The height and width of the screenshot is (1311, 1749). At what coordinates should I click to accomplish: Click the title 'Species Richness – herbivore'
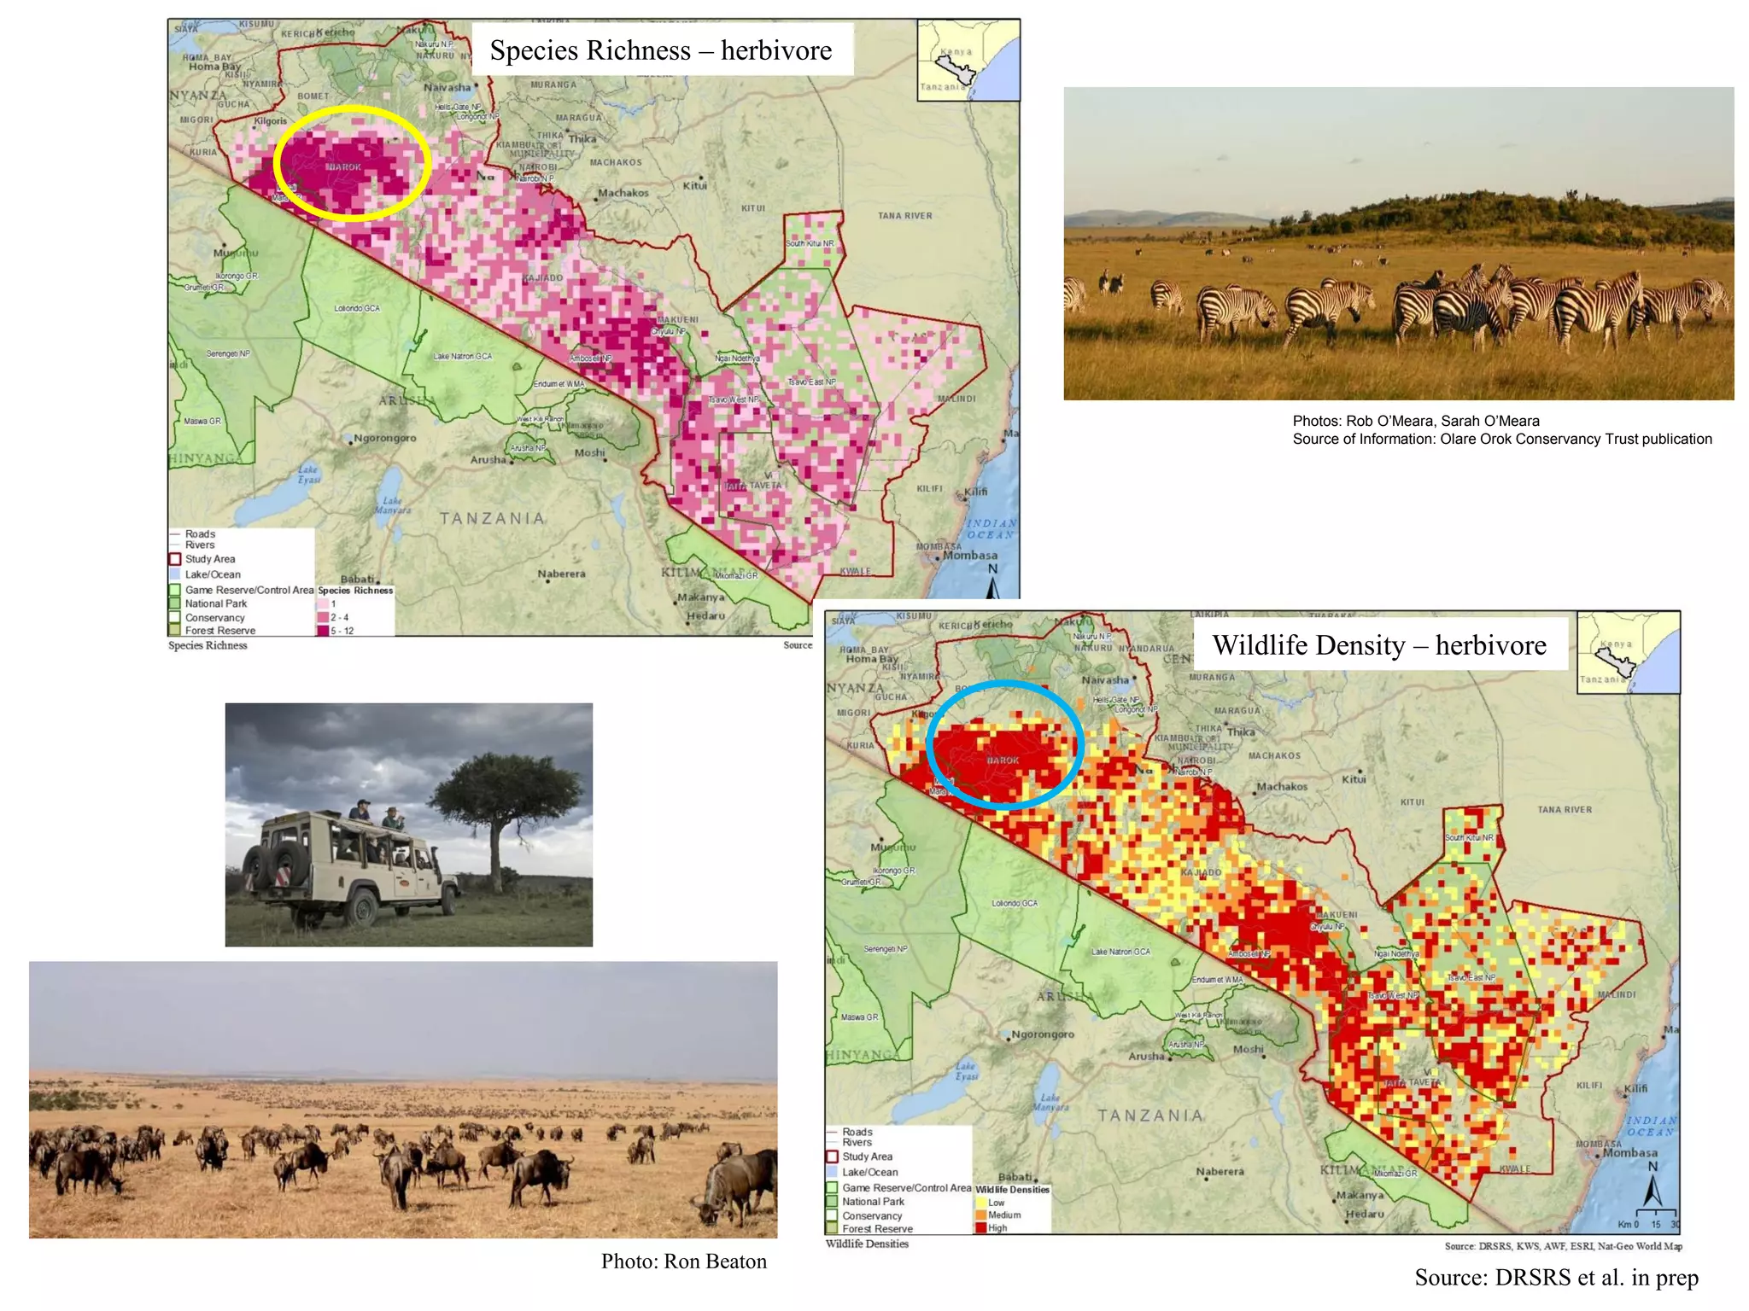660,50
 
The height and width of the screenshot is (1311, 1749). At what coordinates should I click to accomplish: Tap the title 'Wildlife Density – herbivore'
1378,645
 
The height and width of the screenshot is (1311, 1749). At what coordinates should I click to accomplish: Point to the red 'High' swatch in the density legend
980,1227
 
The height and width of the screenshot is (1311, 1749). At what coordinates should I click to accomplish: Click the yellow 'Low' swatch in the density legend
980,1202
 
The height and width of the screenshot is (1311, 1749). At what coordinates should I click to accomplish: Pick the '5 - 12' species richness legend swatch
323,631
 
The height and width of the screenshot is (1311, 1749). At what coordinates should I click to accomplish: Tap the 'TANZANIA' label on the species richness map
492,518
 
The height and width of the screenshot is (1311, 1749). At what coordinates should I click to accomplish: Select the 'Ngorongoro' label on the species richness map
385,438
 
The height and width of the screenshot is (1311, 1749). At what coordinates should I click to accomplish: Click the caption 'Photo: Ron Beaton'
683,1261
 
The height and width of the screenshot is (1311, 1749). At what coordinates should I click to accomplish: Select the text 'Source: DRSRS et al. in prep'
1556,1277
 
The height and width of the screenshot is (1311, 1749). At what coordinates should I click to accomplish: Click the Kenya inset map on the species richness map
968,61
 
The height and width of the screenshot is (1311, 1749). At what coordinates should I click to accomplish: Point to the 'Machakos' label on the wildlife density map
1281,786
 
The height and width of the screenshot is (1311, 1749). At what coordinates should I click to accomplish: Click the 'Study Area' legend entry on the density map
867,1157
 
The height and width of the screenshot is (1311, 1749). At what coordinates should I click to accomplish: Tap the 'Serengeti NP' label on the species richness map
228,353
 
